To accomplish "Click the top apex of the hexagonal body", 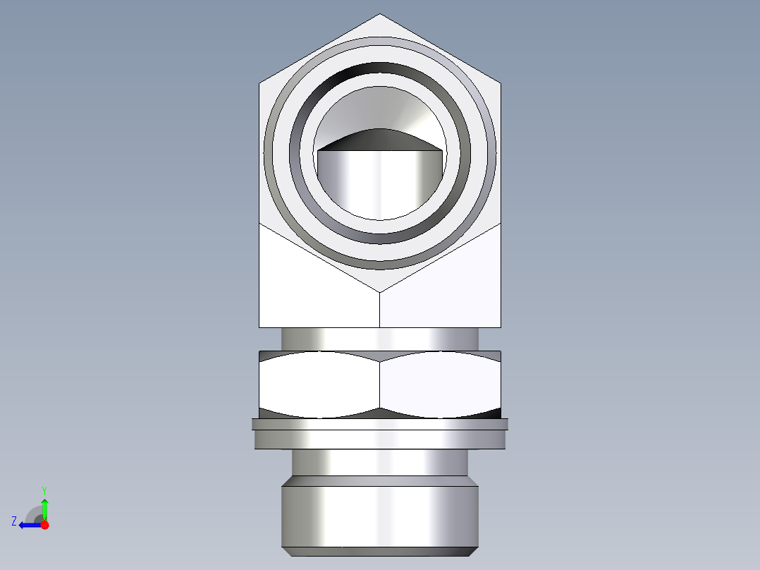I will click(380, 16).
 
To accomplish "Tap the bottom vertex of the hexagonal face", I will click(380, 291).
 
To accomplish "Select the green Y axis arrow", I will click(44, 507).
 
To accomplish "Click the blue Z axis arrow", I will click(28, 525).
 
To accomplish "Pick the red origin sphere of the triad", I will click(44, 525).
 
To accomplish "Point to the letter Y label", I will click(44, 490).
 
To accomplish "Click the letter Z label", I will click(14, 521).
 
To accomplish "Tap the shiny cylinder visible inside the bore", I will click(380, 183).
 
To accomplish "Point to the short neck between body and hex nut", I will click(380, 339).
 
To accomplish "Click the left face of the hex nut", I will click(317, 384).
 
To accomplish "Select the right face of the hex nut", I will click(441, 384).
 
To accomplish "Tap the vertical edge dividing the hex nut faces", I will click(380, 384).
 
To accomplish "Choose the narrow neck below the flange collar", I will click(380, 462).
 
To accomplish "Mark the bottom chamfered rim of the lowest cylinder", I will click(380, 551).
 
